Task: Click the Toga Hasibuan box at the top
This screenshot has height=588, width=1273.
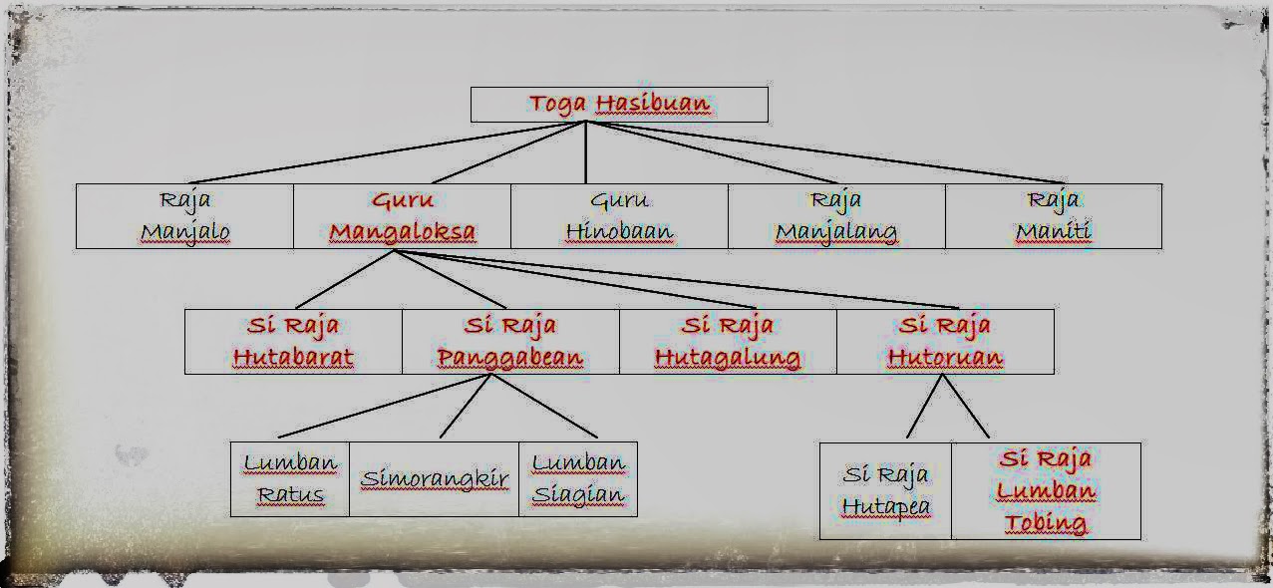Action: [x=618, y=105]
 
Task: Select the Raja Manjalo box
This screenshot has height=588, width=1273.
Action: [x=184, y=216]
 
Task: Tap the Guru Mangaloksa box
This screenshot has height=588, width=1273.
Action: [x=402, y=216]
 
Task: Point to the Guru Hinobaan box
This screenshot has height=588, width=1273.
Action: [x=619, y=216]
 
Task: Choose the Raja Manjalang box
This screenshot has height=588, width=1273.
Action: [x=836, y=216]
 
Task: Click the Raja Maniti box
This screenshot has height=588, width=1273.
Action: [x=1053, y=216]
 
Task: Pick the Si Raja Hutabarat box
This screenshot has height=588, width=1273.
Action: [x=293, y=342]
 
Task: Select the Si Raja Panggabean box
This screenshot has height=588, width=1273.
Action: [x=510, y=342]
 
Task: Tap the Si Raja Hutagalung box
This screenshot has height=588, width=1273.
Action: [x=728, y=342]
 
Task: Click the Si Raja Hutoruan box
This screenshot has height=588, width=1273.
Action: [x=945, y=342]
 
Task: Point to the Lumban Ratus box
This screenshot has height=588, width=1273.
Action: [x=290, y=479]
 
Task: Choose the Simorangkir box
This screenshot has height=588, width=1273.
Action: [x=435, y=479]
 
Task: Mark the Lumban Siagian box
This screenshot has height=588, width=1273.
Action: [x=578, y=479]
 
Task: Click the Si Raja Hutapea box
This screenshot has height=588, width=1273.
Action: [x=885, y=491]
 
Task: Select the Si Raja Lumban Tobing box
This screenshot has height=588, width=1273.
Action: [x=1046, y=491]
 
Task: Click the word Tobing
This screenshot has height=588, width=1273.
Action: [x=1045, y=523]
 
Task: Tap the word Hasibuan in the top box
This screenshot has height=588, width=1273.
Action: [x=652, y=104]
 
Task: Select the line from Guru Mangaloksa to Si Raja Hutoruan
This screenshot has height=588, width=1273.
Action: [x=678, y=280]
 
